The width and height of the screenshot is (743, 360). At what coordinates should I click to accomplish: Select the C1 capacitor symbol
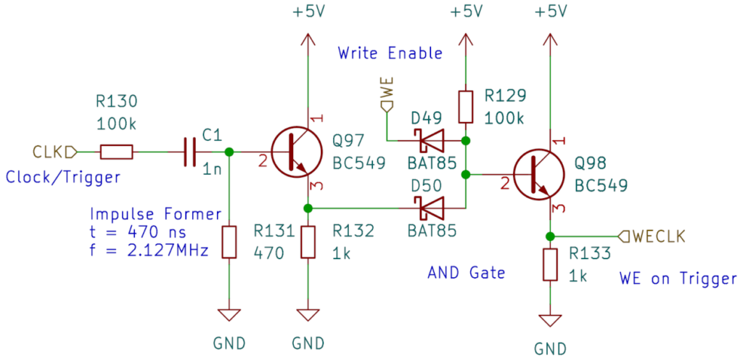191,152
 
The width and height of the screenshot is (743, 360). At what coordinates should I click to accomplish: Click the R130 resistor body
116,152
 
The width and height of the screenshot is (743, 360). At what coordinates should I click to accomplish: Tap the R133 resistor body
550,264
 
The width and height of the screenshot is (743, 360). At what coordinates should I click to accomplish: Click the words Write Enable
390,53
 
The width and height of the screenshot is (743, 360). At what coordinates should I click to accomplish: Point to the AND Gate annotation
466,273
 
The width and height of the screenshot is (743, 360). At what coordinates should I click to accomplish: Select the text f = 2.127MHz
149,252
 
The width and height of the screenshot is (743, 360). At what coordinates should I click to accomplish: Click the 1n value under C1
212,170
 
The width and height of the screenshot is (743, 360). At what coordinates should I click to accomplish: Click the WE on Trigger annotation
678,279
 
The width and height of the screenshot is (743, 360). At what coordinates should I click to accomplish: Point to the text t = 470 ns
138,233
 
